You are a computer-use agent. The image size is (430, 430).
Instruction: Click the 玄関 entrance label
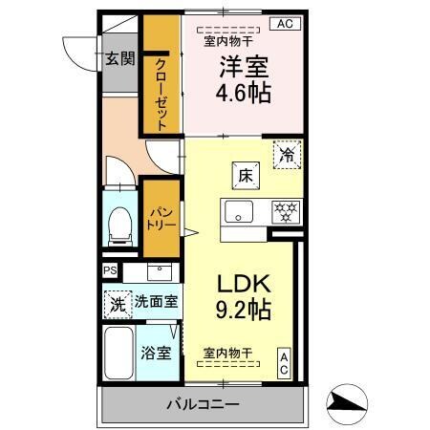[119, 59]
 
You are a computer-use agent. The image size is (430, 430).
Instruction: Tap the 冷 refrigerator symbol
[287, 156]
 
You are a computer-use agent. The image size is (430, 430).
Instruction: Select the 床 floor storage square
[245, 176]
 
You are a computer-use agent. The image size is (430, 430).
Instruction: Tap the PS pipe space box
[110, 270]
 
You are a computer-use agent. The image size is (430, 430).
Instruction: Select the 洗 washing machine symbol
[116, 305]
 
